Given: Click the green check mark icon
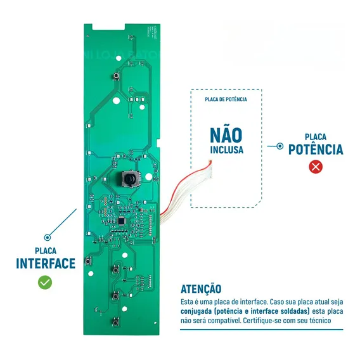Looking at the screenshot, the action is (x=45, y=283).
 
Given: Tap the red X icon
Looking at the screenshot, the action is (x=316, y=167).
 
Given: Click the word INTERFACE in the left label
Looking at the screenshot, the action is (x=46, y=263).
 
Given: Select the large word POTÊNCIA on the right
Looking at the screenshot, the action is (x=316, y=150).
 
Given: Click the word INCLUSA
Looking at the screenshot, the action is (x=227, y=150).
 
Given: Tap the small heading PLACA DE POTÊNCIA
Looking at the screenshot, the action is (x=226, y=100).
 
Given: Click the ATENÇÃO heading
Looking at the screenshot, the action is (x=201, y=289).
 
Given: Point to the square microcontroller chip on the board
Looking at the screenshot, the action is (x=122, y=221).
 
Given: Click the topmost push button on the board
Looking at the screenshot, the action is (x=117, y=75).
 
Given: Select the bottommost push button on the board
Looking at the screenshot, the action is (x=115, y=323).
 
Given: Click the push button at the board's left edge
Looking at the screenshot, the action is (x=88, y=261).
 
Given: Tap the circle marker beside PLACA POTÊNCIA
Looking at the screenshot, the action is (x=280, y=146).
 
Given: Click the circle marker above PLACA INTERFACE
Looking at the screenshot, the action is (x=48, y=238).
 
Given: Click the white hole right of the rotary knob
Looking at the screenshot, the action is (x=149, y=177).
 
